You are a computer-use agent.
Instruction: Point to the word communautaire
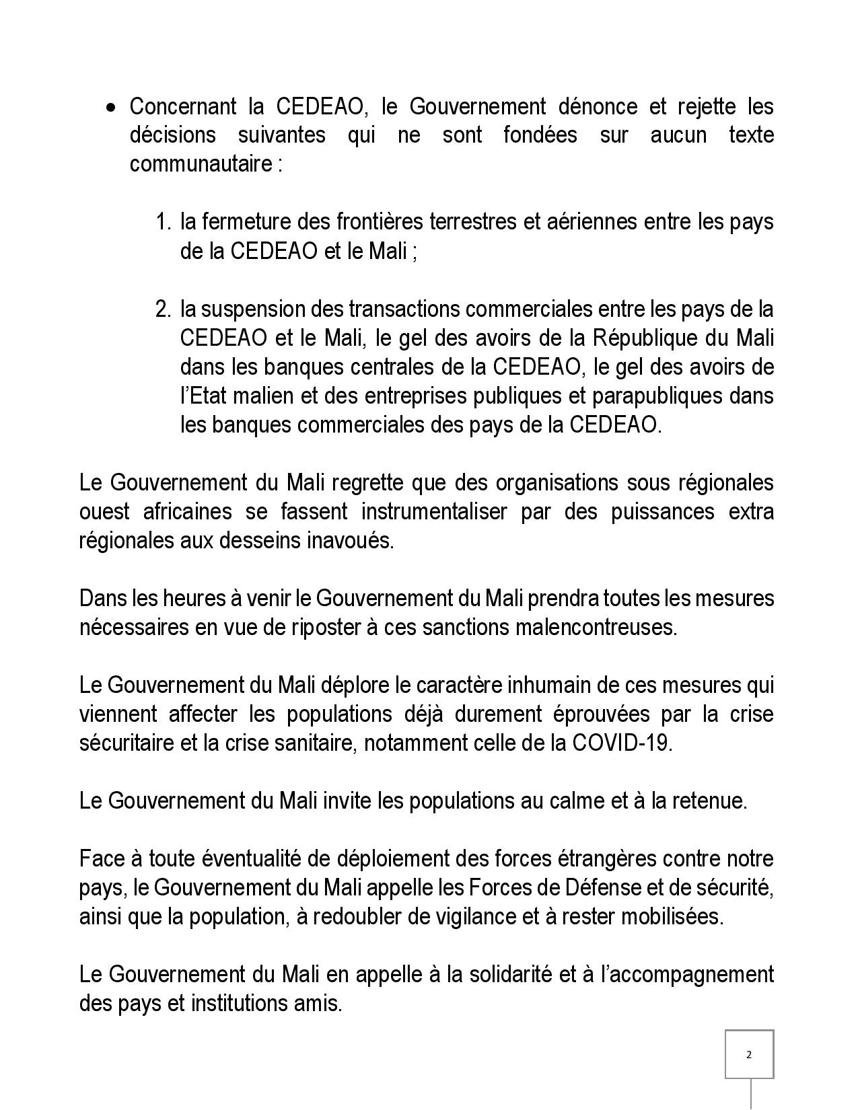200,164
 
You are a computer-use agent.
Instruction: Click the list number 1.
164,222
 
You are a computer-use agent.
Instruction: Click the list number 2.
164,309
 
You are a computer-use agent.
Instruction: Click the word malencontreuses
596,627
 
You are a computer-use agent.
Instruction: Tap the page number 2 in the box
749,1054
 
